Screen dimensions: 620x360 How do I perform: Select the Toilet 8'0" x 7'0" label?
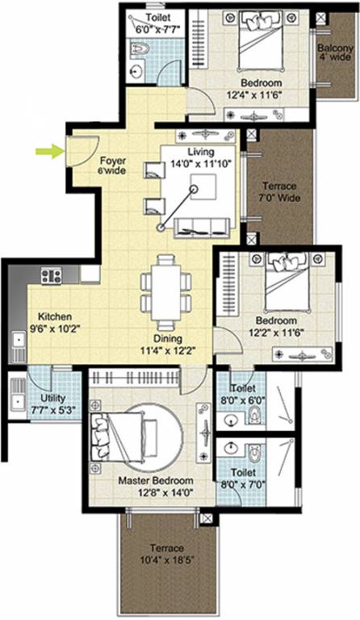pos(245,478)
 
